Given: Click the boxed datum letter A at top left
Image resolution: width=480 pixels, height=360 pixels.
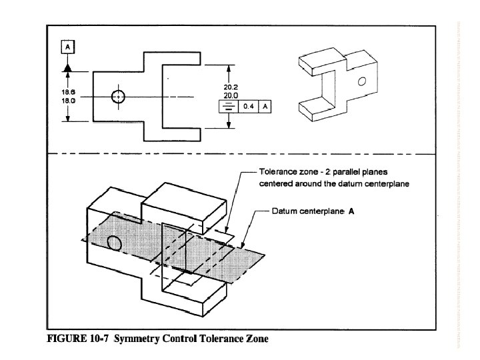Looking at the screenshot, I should (x=68, y=47).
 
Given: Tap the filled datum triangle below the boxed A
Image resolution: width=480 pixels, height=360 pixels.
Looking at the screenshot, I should (x=68, y=67).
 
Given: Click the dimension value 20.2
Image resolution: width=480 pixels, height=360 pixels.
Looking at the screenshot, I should (x=231, y=86).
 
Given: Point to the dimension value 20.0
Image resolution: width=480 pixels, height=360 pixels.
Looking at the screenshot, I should (x=231, y=95).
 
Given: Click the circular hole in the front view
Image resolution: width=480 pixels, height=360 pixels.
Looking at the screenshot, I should (x=118, y=96).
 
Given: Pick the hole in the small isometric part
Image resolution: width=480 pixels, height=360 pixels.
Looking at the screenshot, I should (x=361, y=82).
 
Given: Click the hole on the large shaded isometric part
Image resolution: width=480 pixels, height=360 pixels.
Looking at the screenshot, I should (x=114, y=243).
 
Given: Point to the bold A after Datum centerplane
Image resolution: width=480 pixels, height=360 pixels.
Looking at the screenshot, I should (x=351, y=211).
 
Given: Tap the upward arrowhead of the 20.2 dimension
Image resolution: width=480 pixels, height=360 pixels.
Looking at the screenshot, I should (x=231, y=68).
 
